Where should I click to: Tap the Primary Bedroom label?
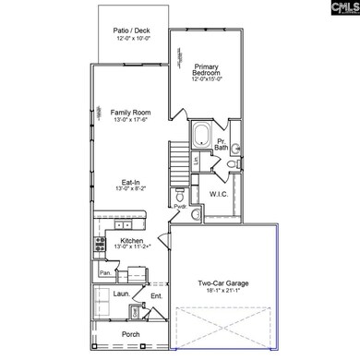pos(206,71)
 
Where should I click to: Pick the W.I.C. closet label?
pos(220,194)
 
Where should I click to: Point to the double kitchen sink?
pos(121,225)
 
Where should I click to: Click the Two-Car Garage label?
pos(225,282)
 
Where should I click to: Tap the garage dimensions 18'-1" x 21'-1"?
pos(225,291)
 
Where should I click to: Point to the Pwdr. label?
pos(181,207)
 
